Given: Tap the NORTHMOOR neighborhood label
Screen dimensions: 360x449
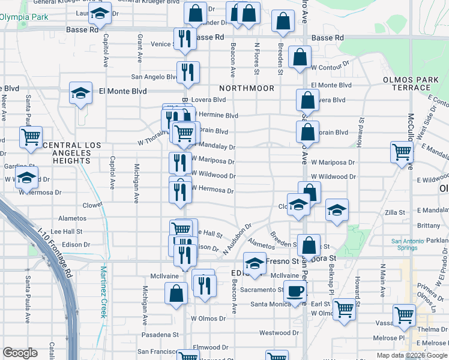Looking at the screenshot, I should (247, 88).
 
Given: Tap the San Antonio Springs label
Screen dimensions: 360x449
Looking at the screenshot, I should (412, 245).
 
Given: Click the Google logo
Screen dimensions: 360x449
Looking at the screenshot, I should (20, 353).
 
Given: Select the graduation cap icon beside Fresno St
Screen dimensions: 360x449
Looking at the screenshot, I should (255, 263).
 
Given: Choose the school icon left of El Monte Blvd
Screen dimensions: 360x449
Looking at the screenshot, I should (80, 93).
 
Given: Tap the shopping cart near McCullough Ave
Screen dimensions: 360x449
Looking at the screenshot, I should (402, 152).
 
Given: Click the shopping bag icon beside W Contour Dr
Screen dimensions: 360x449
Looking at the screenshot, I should (299, 58).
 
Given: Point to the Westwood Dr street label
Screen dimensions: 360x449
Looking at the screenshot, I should (279, 332).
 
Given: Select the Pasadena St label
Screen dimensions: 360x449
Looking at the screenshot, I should (160, 334).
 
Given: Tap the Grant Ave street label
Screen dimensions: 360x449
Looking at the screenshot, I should (139, 49).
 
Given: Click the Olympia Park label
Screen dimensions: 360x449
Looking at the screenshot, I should (24, 17).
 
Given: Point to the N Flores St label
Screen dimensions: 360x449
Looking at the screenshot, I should (256, 58).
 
